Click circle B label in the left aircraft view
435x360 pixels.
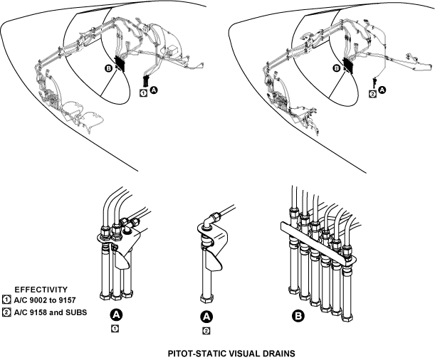coord(108,69)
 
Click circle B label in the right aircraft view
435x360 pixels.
coord(337,69)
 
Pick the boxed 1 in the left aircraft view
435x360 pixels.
coord(143,92)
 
